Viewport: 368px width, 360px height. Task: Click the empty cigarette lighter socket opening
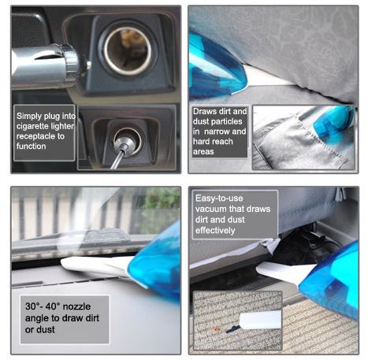coord(128,50)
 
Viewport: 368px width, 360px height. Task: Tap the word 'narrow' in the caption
coord(216,132)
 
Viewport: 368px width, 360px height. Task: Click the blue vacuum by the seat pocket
coord(333,121)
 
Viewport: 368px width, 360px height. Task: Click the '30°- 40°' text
coord(43,306)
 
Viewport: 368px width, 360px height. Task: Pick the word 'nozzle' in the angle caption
coord(76,306)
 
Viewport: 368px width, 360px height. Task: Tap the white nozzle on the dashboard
coord(97,266)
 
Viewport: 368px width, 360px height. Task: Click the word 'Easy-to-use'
coord(219,199)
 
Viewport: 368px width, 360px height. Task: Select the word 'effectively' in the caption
coord(215,230)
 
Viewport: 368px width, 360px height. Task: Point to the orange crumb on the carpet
coord(217,329)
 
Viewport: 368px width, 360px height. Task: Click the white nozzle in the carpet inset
coord(260,320)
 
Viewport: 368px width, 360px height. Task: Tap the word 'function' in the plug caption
coord(31,147)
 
